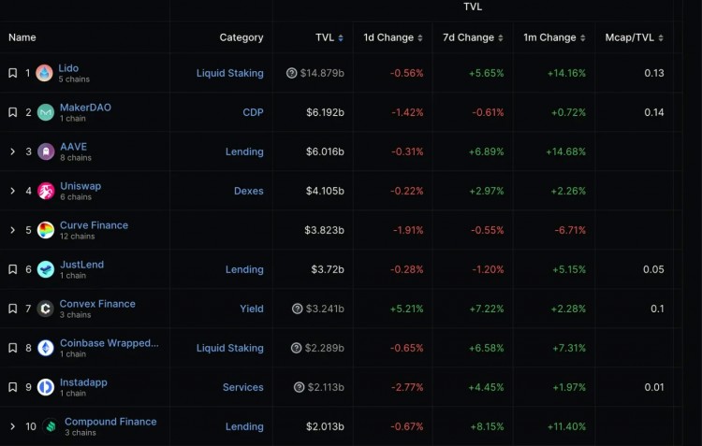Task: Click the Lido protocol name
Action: [x=68, y=68]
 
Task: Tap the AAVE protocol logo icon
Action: [x=46, y=151]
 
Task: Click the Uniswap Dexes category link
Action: [x=248, y=191]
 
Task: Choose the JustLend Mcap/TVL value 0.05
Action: [x=653, y=269]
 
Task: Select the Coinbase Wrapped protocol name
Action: [x=109, y=343]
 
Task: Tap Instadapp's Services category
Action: [x=242, y=387]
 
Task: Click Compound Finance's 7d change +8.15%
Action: [x=485, y=426]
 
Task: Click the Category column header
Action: [x=241, y=37]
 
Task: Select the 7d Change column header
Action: [x=468, y=37]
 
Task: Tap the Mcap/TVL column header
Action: [x=631, y=37]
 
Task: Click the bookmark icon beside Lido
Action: [x=13, y=73]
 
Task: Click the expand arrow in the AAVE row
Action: [x=13, y=151]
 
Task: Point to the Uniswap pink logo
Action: [x=46, y=191]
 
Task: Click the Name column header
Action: [x=22, y=37]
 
